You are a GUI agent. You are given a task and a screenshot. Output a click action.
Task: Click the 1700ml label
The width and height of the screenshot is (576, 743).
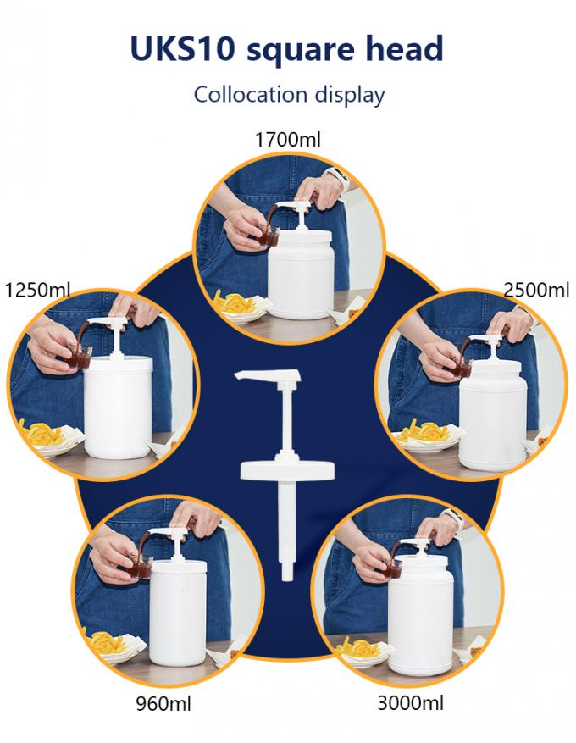tap(287, 140)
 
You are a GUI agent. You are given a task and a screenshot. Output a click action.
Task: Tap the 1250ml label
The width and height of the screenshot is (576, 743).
tap(37, 290)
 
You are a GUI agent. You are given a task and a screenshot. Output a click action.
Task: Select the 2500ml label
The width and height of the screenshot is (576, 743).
tap(536, 290)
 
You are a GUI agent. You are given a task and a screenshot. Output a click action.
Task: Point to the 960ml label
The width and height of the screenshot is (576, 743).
tap(163, 704)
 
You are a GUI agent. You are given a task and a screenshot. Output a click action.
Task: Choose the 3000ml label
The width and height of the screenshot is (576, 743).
tap(411, 702)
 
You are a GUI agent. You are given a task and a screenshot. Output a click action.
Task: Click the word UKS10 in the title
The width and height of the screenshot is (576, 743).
tap(182, 49)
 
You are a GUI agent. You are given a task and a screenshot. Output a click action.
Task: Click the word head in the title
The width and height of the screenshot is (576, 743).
tap(405, 47)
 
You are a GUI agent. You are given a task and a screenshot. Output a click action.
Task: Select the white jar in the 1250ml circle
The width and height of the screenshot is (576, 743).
tap(119, 407)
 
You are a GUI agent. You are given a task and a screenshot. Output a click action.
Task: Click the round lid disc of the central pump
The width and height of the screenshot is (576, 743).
tap(287, 469)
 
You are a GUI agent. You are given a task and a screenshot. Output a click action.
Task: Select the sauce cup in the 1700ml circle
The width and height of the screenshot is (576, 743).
tap(269, 236)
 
